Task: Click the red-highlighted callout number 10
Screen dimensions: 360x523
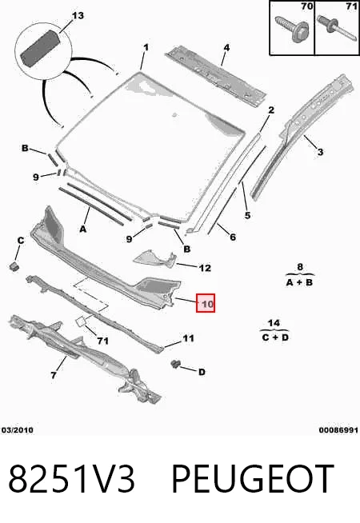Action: (206, 303)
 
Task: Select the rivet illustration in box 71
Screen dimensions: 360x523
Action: (336, 28)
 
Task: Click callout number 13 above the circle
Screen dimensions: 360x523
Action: (78, 15)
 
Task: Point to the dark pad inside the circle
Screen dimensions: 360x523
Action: (40, 48)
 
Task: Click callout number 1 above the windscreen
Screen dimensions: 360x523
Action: (146, 47)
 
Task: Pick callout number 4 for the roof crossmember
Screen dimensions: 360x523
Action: (226, 47)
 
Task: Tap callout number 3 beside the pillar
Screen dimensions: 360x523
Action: (320, 152)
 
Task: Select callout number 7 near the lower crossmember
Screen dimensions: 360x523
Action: (54, 376)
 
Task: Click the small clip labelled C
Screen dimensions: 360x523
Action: (14, 266)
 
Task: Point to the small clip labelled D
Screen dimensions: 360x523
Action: (175, 364)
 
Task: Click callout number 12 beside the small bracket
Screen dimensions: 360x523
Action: (205, 268)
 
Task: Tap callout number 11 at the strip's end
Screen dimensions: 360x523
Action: (188, 338)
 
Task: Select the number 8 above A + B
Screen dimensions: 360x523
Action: (300, 267)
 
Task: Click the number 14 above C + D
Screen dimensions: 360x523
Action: (274, 323)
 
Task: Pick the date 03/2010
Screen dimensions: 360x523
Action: (18, 430)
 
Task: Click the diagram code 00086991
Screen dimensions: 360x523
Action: (338, 430)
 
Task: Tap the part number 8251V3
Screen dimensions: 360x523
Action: (72, 479)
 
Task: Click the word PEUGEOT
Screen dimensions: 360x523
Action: (253, 479)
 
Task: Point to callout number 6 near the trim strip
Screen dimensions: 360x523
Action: (233, 237)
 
